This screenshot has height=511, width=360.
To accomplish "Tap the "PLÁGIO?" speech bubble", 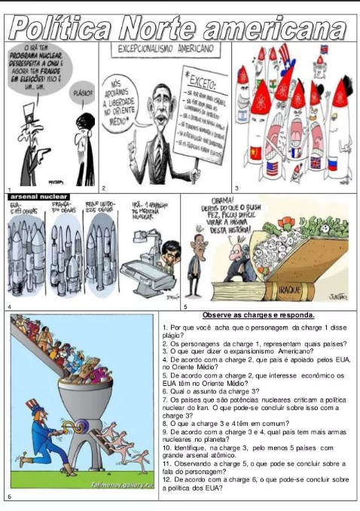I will pos(81,95).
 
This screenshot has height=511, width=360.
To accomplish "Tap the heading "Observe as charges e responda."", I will pos(258,315).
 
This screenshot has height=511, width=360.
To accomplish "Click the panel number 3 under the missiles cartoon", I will pos(236,187).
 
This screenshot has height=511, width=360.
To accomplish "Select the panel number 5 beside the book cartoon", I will pos(185,307).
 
